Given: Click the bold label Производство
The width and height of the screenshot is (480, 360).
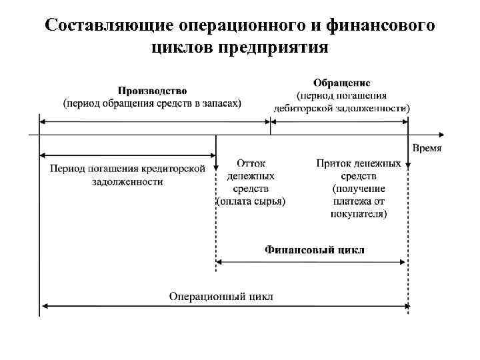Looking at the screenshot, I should point(153,90).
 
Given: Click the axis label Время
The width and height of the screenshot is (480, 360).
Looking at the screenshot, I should point(426,147).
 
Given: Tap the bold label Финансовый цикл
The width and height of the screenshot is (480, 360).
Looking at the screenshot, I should point(314,250).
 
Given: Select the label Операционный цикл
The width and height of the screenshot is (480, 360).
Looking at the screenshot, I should point(221,296).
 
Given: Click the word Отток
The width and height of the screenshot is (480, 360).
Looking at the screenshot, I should point(251,163).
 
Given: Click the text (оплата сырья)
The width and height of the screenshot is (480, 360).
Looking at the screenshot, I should point(251,201).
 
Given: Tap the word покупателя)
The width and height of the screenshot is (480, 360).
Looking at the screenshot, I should point(359,213).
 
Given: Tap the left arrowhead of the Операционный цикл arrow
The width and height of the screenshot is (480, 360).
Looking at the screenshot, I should point(43,307).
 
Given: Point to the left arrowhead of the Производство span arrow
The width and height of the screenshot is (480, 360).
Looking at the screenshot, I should point(43,121).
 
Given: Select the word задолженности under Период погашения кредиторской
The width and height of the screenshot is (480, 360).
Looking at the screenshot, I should point(127,181).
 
